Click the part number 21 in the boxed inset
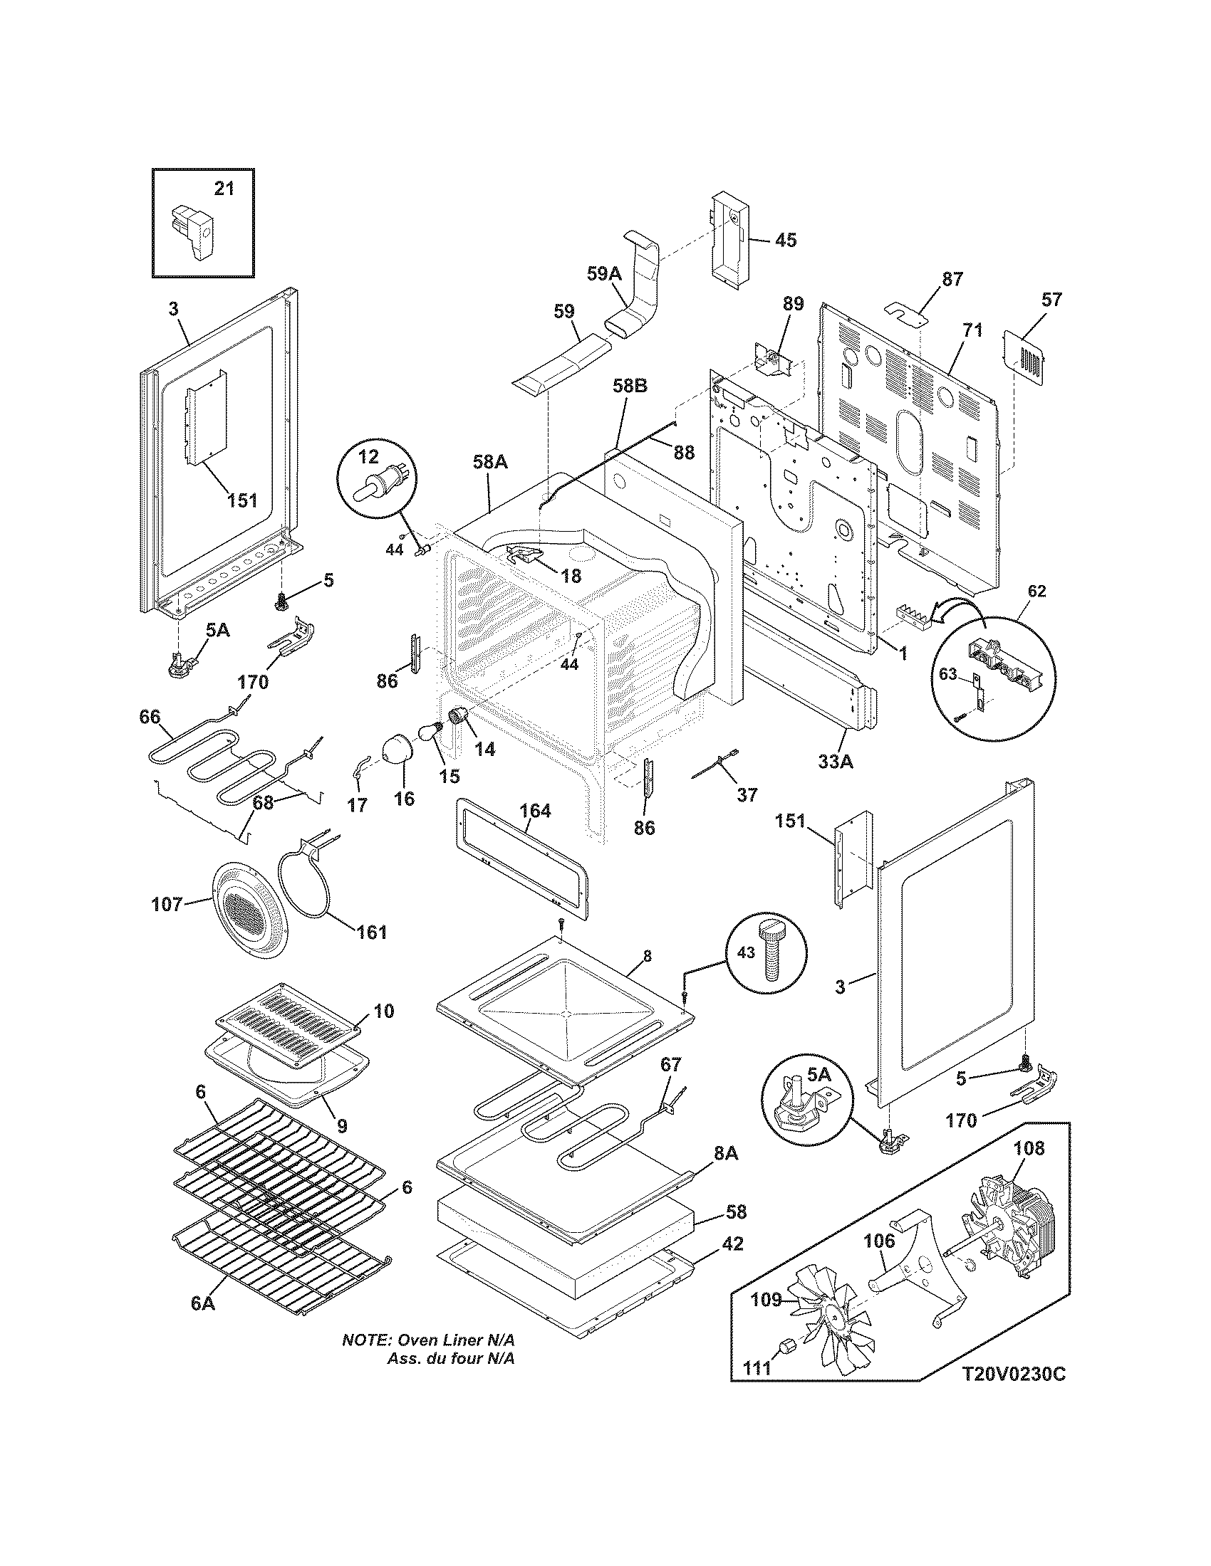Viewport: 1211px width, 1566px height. pos(224,189)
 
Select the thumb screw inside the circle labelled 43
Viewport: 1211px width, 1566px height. pos(769,957)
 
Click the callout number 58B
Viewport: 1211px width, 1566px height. pos(630,386)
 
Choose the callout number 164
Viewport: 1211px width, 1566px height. pos(535,810)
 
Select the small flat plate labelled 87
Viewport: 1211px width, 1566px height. pos(906,313)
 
